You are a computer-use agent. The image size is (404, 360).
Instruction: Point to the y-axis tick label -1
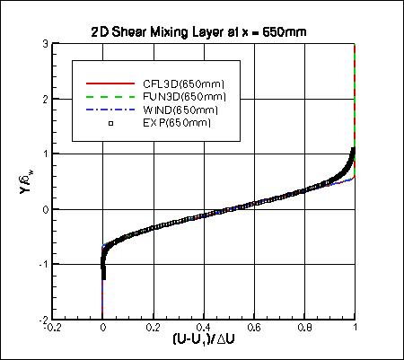43,264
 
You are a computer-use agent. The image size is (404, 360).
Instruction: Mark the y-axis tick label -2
43,319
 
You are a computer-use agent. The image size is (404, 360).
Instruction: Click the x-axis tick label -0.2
53,329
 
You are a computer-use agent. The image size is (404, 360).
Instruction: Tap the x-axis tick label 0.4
204,329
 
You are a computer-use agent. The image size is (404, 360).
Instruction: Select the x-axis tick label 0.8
304,329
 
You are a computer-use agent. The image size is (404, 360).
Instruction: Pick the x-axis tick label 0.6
254,329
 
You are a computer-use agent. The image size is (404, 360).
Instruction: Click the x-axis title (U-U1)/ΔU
204,342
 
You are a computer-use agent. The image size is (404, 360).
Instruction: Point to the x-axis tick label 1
356,329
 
